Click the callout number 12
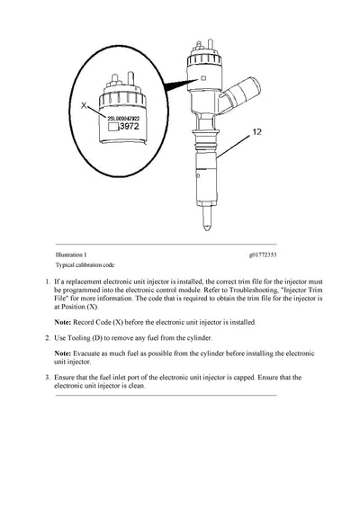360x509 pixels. pyautogui.click(x=256, y=132)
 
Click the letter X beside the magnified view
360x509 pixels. pyautogui.click(x=84, y=105)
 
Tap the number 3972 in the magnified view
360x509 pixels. pyautogui.click(x=130, y=127)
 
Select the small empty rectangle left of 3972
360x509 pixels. pyautogui.click(x=113, y=127)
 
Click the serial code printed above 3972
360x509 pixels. pyautogui.click(x=123, y=119)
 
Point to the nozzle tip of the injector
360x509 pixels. pyautogui.click(x=206, y=228)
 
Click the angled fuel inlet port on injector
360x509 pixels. pyautogui.click(x=241, y=94)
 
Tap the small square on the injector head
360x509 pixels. pyautogui.click(x=203, y=78)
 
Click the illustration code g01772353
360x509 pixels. pyautogui.click(x=263, y=254)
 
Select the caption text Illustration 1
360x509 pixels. pyautogui.click(x=71, y=254)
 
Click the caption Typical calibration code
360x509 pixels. pyautogui.click(x=85, y=265)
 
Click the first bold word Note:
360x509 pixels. pyautogui.click(x=62, y=322)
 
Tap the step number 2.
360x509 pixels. pyautogui.click(x=48, y=338)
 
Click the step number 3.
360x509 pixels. pyautogui.click(x=48, y=378)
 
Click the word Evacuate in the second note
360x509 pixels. pyautogui.click(x=86, y=353)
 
